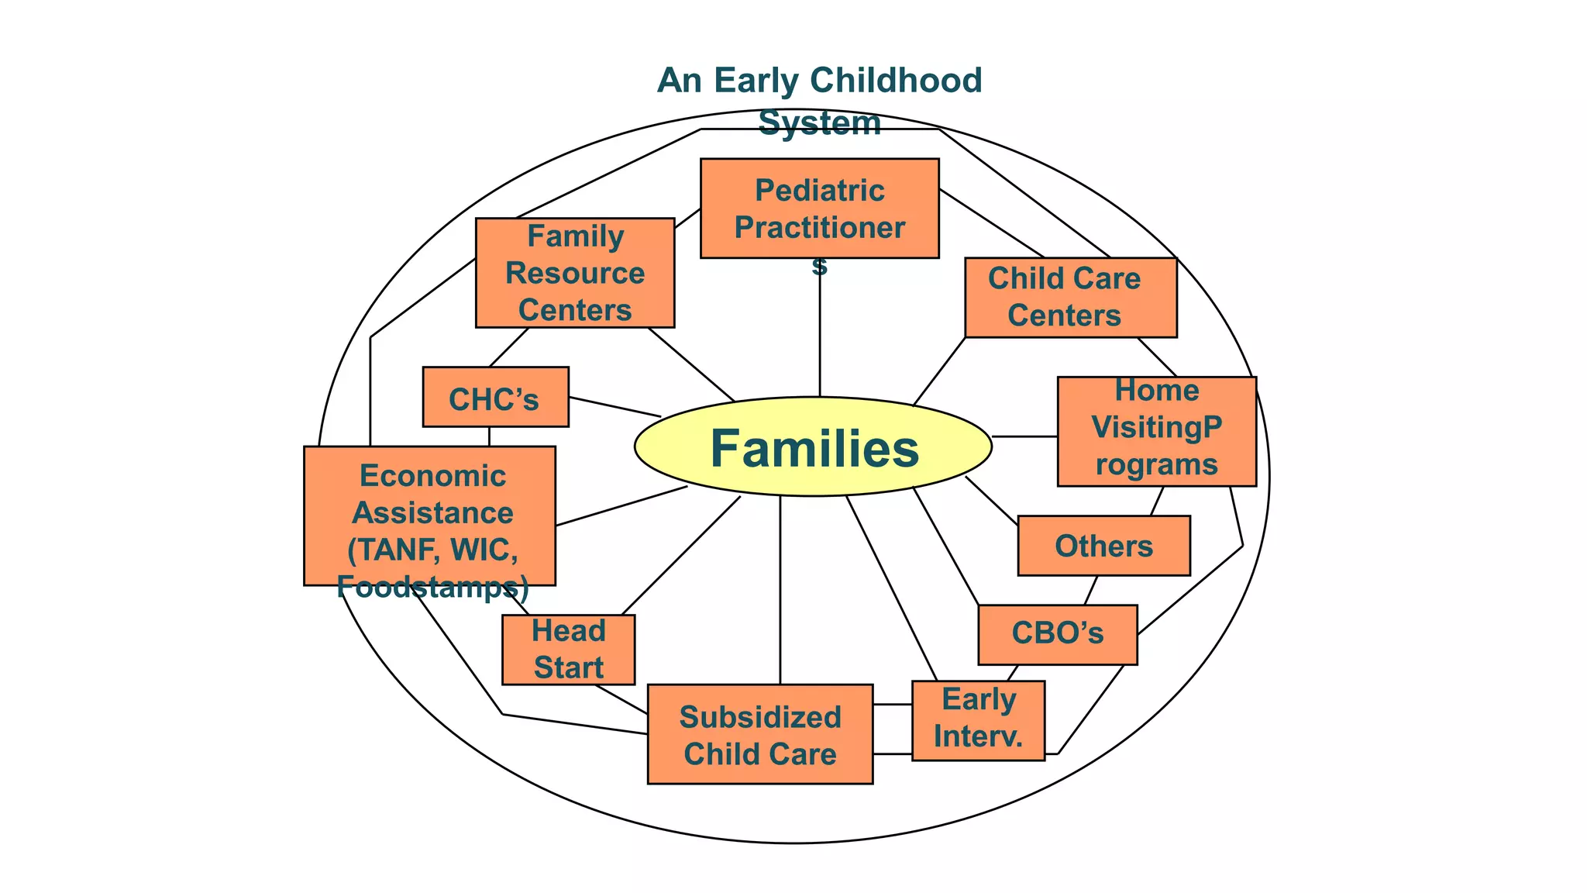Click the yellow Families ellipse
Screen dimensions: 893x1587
click(x=813, y=446)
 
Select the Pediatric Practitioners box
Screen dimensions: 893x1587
click(x=819, y=208)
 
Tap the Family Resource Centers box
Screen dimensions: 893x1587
click(x=574, y=272)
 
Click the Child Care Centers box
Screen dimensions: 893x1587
click(x=1070, y=298)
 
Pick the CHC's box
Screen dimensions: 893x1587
click(x=495, y=397)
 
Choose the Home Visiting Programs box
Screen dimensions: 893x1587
click(x=1156, y=431)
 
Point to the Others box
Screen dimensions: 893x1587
click(x=1103, y=546)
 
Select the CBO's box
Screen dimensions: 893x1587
click(x=1057, y=634)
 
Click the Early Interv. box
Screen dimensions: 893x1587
click(x=978, y=720)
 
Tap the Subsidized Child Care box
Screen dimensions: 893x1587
click(x=759, y=733)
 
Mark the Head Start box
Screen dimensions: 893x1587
click(x=568, y=650)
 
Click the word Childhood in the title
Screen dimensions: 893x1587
click(x=896, y=81)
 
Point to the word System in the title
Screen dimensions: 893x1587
click(x=819, y=123)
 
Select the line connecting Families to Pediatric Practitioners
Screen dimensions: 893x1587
click(x=820, y=333)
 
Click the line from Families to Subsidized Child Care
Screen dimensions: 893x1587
click(x=780, y=589)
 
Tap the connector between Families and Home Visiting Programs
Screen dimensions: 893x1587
click(x=1024, y=436)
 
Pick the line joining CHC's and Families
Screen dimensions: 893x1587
click(x=614, y=407)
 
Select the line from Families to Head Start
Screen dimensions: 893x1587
click(x=680, y=555)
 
